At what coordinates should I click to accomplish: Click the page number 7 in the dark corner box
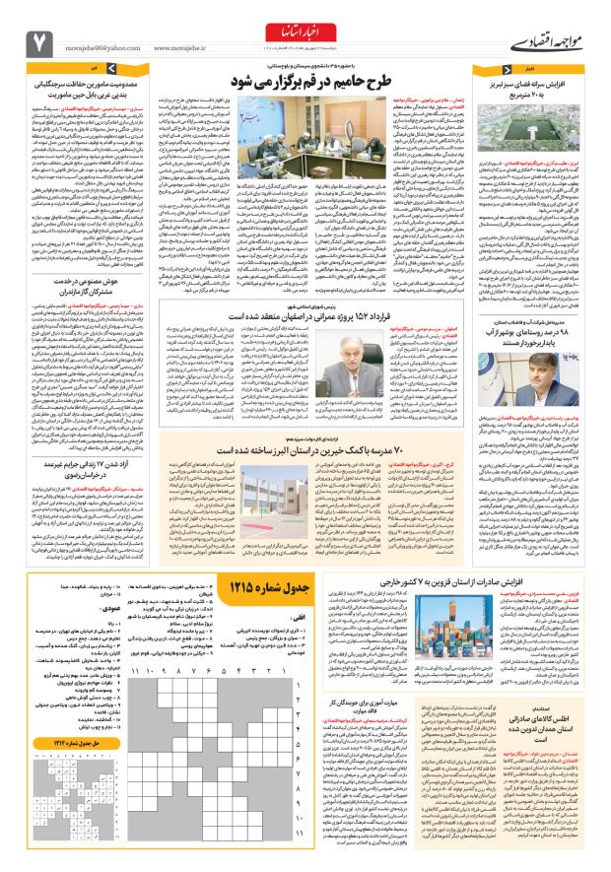41,42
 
